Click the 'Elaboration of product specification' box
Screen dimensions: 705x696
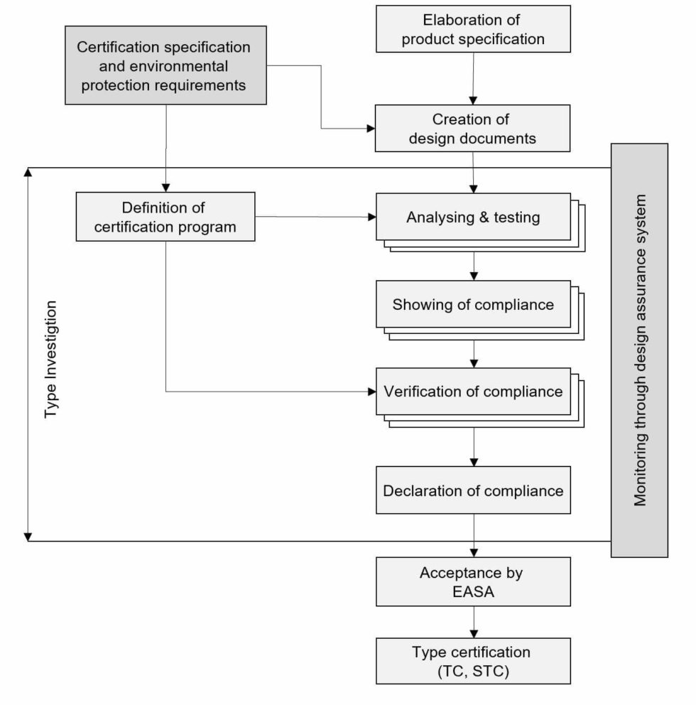pos(472,29)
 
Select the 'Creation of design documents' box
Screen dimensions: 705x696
pos(472,129)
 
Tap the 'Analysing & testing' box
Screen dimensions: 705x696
pos(472,217)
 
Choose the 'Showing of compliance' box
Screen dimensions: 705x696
pos(472,304)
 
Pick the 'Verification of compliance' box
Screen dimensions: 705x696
pos(472,392)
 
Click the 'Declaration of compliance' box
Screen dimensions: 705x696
pos(472,490)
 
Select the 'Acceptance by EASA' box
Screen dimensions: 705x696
pos(472,581)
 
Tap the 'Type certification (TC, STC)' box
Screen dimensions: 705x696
pos(472,661)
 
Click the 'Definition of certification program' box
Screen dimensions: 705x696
pos(165,217)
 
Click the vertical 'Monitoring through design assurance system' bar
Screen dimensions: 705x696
pos(640,350)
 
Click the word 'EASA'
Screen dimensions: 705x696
pos(472,591)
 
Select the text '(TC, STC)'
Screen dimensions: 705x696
pos(472,670)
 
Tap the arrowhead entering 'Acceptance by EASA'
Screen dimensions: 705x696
pos(474,551)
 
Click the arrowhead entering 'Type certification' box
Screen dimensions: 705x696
pos(474,633)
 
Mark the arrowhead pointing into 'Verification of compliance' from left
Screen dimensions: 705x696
pos(371,392)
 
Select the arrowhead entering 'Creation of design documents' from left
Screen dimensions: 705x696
pos(370,129)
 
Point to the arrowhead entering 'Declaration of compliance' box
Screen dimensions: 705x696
pos(474,461)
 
